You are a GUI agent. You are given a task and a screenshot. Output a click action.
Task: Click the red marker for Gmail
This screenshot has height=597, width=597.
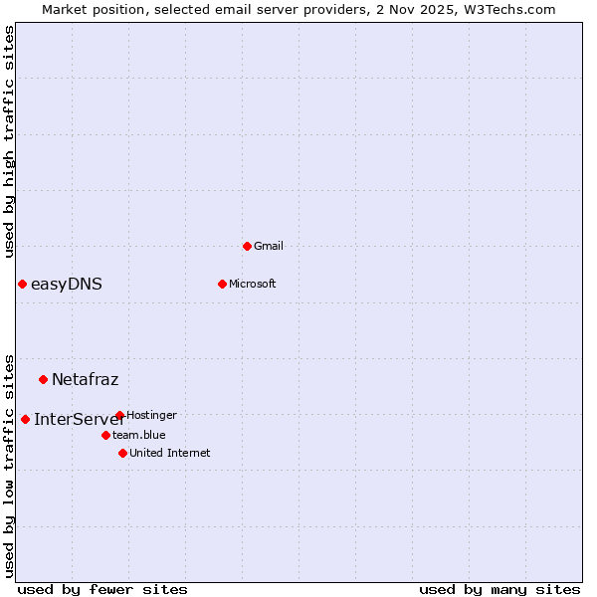tap(247, 246)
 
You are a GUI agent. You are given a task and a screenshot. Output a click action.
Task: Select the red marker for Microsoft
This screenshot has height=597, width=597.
tap(222, 284)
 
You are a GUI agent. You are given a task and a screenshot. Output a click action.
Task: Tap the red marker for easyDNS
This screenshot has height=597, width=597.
tap(22, 284)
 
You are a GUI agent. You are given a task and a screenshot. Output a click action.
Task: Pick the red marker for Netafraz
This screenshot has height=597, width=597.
tap(43, 379)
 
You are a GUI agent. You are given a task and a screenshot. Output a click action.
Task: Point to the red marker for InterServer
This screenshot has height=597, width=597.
tap(25, 419)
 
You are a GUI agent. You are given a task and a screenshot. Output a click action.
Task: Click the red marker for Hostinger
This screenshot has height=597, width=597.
tap(119, 415)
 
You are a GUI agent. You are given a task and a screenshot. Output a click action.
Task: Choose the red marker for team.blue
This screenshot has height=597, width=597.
tap(105, 435)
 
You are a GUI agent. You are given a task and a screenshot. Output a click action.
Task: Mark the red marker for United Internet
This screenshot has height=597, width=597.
tap(122, 453)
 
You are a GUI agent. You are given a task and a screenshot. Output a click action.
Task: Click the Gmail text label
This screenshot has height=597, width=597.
tap(269, 246)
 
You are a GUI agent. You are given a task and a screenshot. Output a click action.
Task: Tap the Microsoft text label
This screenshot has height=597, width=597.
tap(252, 284)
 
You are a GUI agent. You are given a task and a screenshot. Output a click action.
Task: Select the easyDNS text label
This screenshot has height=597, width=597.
tap(67, 284)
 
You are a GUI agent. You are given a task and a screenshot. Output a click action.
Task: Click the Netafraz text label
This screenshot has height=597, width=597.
tap(85, 379)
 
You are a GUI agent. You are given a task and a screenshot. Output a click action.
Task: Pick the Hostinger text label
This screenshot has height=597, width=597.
tap(151, 415)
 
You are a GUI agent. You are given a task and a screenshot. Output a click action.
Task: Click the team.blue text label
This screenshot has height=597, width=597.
tap(138, 435)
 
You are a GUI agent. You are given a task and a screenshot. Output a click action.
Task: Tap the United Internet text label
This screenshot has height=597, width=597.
tap(169, 453)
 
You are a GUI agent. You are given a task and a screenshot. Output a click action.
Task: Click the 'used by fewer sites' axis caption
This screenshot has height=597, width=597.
tap(102, 589)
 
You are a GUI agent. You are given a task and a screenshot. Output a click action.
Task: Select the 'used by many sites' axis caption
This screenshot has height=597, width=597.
tap(499, 589)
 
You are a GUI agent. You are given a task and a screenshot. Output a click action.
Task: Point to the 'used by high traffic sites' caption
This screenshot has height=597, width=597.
tap(9, 141)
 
